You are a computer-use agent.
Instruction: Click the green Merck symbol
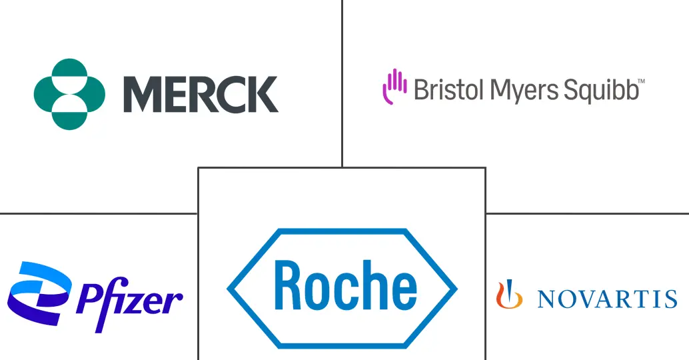pyautogui.click(x=69, y=94)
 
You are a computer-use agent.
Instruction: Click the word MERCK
pyautogui.click(x=201, y=94)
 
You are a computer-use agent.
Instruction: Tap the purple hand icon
pyautogui.click(x=394, y=87)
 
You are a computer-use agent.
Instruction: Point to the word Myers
pyautogui.click(x=524, y=91)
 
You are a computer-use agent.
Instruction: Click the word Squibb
pyautogui.click(x=600, y=90)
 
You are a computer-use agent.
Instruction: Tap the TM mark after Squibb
pyautogui.click(x=642, y=81)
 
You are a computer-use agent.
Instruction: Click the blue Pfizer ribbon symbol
pyautogui.click(x=39, y=293)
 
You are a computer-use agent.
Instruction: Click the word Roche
pyautogui.click(x=345, y=285)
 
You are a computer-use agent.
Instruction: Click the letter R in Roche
pyautogui.click(x=290, y=285)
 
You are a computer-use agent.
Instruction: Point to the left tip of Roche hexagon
pyautogui.click(x=227, y=289)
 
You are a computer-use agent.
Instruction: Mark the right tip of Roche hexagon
pyautogui.click(x=457, y=289)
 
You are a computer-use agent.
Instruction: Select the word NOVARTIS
pyautogui.click(x=607, y=299)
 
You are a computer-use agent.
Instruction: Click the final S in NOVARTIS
pyautogui.click(x=671, y=299)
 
